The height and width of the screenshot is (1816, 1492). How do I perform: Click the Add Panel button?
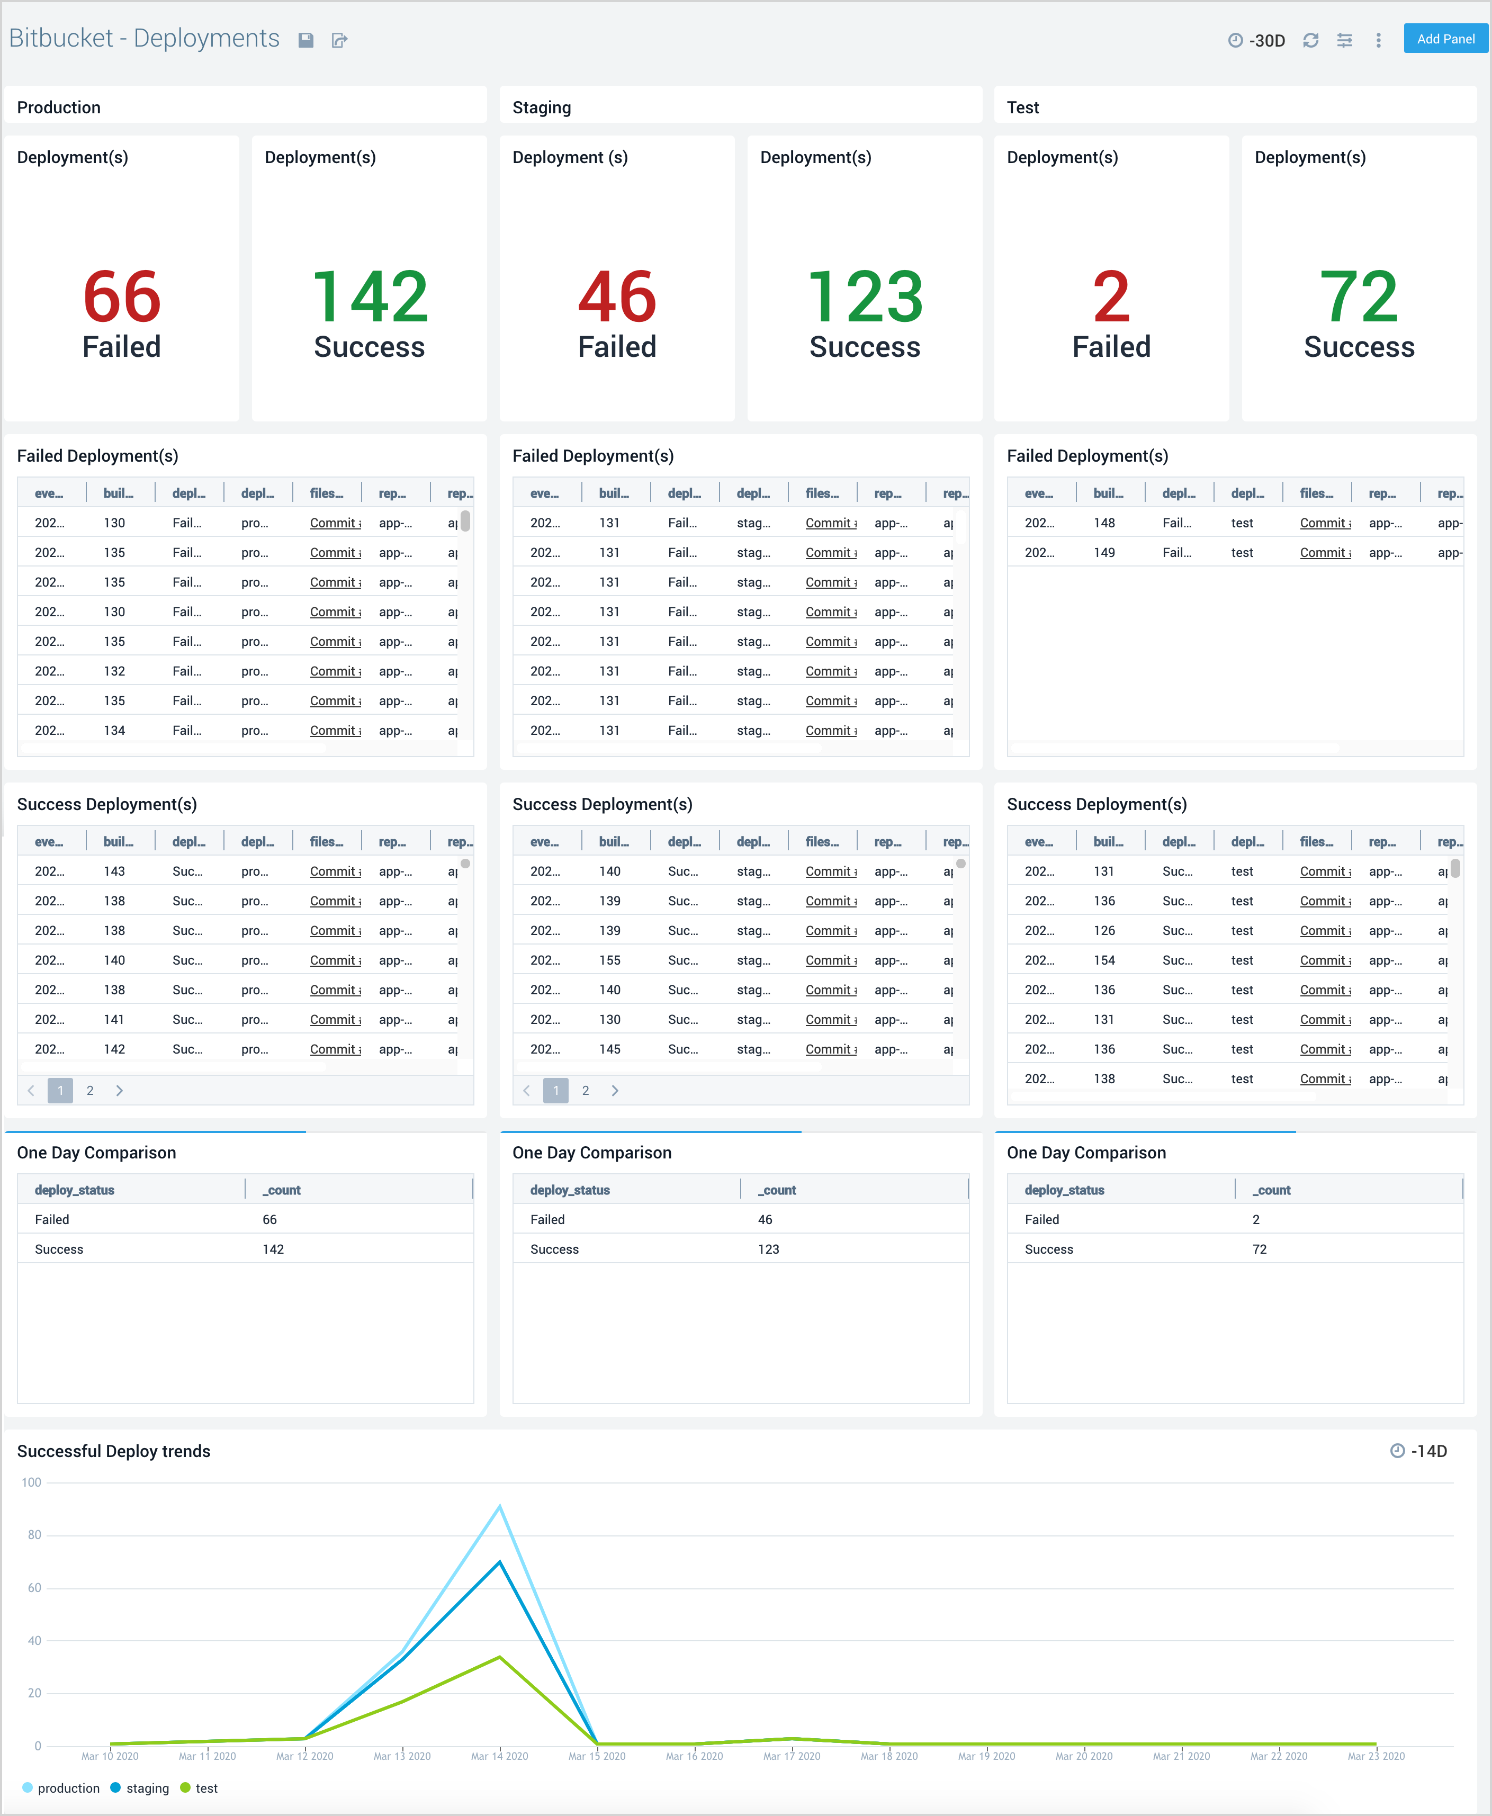(x=1445, y=39)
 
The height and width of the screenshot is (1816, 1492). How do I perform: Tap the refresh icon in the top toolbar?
(x=1310, y=40)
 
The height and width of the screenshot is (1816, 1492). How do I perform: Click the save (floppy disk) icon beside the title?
(x=305, y=40)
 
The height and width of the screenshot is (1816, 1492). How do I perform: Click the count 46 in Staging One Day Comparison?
(x=765, y=1219)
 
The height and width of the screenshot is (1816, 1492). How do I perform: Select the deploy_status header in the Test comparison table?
(x=1064, y=1190)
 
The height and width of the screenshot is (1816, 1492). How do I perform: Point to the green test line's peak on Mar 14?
(x=499, y=1657)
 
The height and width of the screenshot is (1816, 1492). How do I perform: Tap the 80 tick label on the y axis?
(x=34, y=1535)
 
